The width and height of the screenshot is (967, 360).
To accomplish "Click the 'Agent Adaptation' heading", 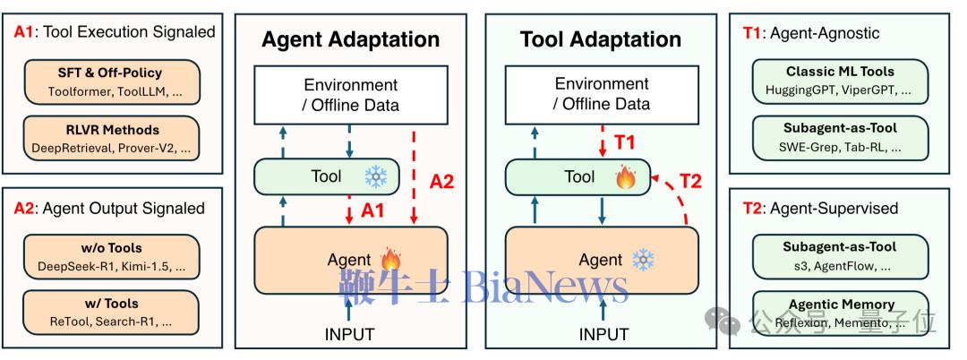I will coord(351,39).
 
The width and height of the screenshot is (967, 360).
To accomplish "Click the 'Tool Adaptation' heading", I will coord(601,39).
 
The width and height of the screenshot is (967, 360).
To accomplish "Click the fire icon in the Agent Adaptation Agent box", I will coord(391,260).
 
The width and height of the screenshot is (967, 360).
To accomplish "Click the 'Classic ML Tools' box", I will coord(840,80).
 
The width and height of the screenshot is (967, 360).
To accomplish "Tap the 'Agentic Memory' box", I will coord(840,313).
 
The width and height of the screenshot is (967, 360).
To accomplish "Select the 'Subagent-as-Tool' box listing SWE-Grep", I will coord(840,136).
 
